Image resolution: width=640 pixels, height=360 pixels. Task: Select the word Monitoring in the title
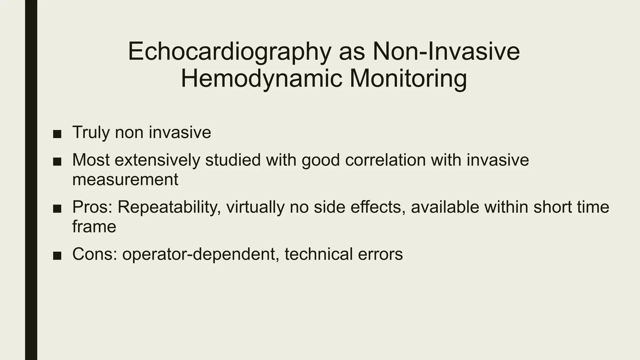[408, 79]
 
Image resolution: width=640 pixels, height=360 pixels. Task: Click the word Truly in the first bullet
[91, 132]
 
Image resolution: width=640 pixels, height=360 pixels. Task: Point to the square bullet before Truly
[57, 134]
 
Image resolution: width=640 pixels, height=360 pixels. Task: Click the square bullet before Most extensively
[57, 162]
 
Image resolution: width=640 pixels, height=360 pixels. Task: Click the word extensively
[157, 160]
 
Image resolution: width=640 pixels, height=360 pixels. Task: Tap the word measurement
[125, 180]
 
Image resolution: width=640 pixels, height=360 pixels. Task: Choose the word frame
[94, 227]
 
